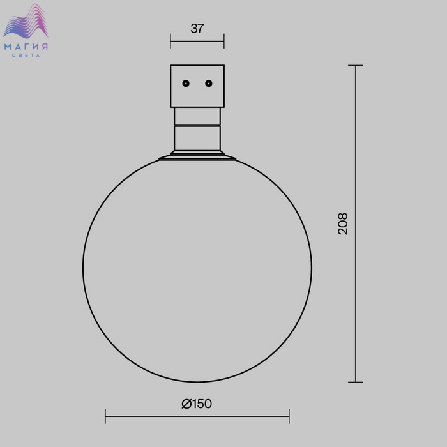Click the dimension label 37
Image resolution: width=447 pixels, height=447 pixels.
point(197,29)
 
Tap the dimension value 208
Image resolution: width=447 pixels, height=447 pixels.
point(343,223)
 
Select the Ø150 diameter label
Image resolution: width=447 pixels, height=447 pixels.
point(197,404)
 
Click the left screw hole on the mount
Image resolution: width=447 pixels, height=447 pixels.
point(186,84)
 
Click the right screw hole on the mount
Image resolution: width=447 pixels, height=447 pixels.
point(209,84)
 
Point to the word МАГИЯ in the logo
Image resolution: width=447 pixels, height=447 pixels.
point(26,47)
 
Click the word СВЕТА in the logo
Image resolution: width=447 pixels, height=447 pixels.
point(26,56)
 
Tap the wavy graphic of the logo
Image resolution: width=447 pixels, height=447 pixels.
point(26,21)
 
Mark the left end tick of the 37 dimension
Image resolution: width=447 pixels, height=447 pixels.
point(170,41)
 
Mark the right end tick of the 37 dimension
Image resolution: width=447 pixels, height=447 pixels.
point(224,41)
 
